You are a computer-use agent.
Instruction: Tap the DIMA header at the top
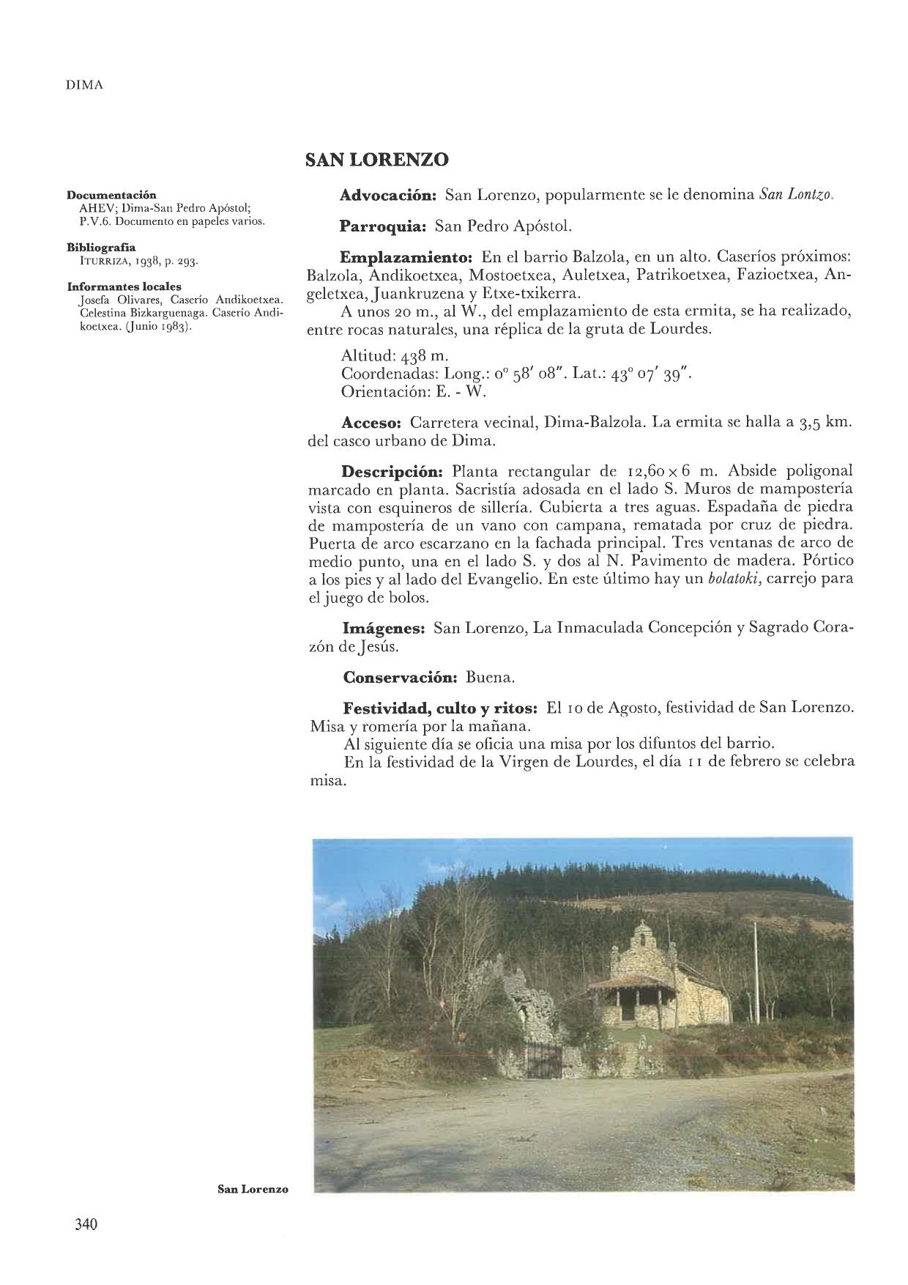click(84, 85)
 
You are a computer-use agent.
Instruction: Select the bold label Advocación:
click(389, 196)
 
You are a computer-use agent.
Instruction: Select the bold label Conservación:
click(400, 678)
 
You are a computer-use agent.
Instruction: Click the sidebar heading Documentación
click(112, 196)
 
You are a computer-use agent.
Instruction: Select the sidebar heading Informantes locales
click(124, 286)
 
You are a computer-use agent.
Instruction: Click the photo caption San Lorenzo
click(253, 1189)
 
